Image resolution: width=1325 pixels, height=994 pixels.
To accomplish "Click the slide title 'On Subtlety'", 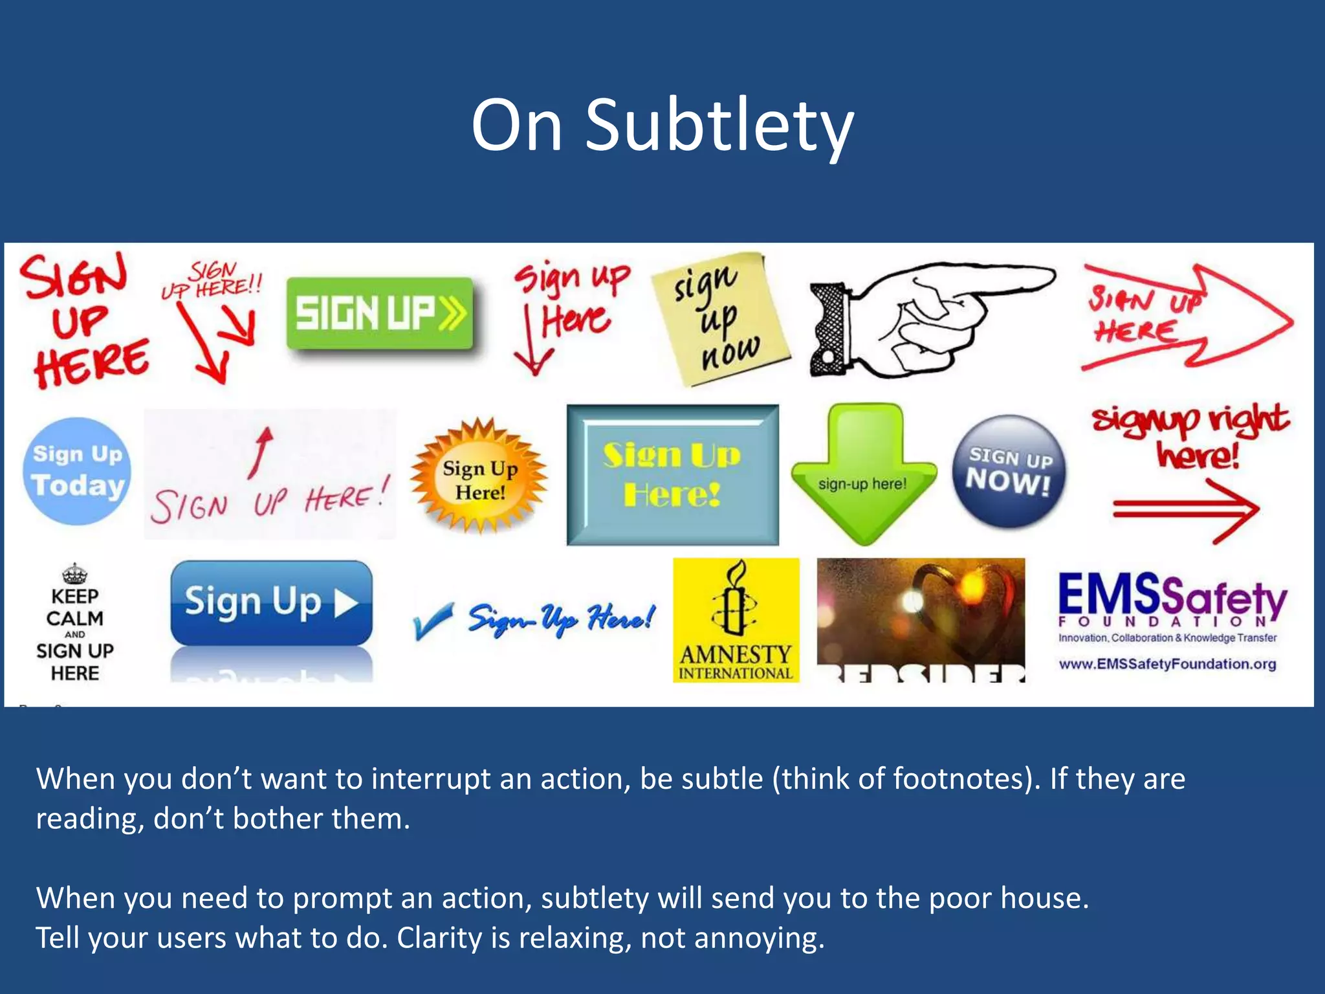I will [662, 126].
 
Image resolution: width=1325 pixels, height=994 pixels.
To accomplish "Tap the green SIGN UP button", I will [380, 314].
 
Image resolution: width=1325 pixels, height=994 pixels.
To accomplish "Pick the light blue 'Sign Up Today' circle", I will [77, 470].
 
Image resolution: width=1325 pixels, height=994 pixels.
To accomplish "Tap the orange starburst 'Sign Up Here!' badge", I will [479, 479].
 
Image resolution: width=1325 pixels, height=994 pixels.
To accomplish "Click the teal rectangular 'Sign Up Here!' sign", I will [672, 475].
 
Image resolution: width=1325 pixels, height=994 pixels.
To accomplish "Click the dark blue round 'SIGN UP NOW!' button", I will [1009, 470].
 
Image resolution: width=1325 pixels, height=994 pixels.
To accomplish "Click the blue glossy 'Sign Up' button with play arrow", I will [271, 602].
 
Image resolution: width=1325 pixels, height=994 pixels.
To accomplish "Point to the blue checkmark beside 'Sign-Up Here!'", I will [432, 620].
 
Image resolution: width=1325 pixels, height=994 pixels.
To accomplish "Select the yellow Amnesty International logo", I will [736, 620].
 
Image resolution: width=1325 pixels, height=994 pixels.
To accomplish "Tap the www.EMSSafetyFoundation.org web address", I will [1167, 664].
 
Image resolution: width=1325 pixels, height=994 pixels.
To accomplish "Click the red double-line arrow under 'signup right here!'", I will [1185, 511].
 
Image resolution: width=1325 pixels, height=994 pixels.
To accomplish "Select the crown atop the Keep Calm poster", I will [75, 573].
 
